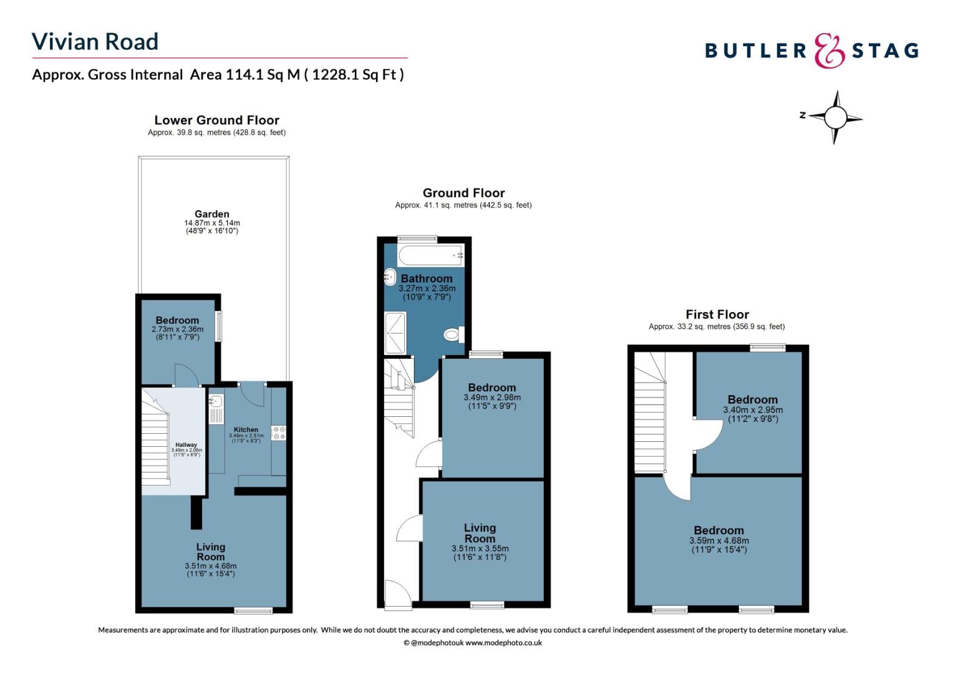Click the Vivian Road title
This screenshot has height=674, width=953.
point(95,42)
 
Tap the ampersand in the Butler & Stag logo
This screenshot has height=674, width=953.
point(829,51)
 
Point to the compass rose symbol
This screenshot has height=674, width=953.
point(835,117)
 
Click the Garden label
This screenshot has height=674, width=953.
point(212,214)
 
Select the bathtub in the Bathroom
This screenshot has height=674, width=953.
point(430,255)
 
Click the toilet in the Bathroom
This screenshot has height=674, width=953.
point(454,335)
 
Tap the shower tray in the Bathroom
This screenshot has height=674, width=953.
point(395,333)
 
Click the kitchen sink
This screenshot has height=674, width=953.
point(216,409)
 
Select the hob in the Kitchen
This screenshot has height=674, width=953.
point(279,433)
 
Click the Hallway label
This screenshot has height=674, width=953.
point(186,445)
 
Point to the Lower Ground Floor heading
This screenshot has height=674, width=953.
point(216,120)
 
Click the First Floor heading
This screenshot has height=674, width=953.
point(717,315)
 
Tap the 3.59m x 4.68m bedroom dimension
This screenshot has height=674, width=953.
point(719,540)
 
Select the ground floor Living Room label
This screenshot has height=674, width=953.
point(480,534)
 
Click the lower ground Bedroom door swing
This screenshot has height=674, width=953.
point(186,374)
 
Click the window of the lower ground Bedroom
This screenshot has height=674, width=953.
point(219,326)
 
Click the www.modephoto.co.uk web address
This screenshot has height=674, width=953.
point(503,643)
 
